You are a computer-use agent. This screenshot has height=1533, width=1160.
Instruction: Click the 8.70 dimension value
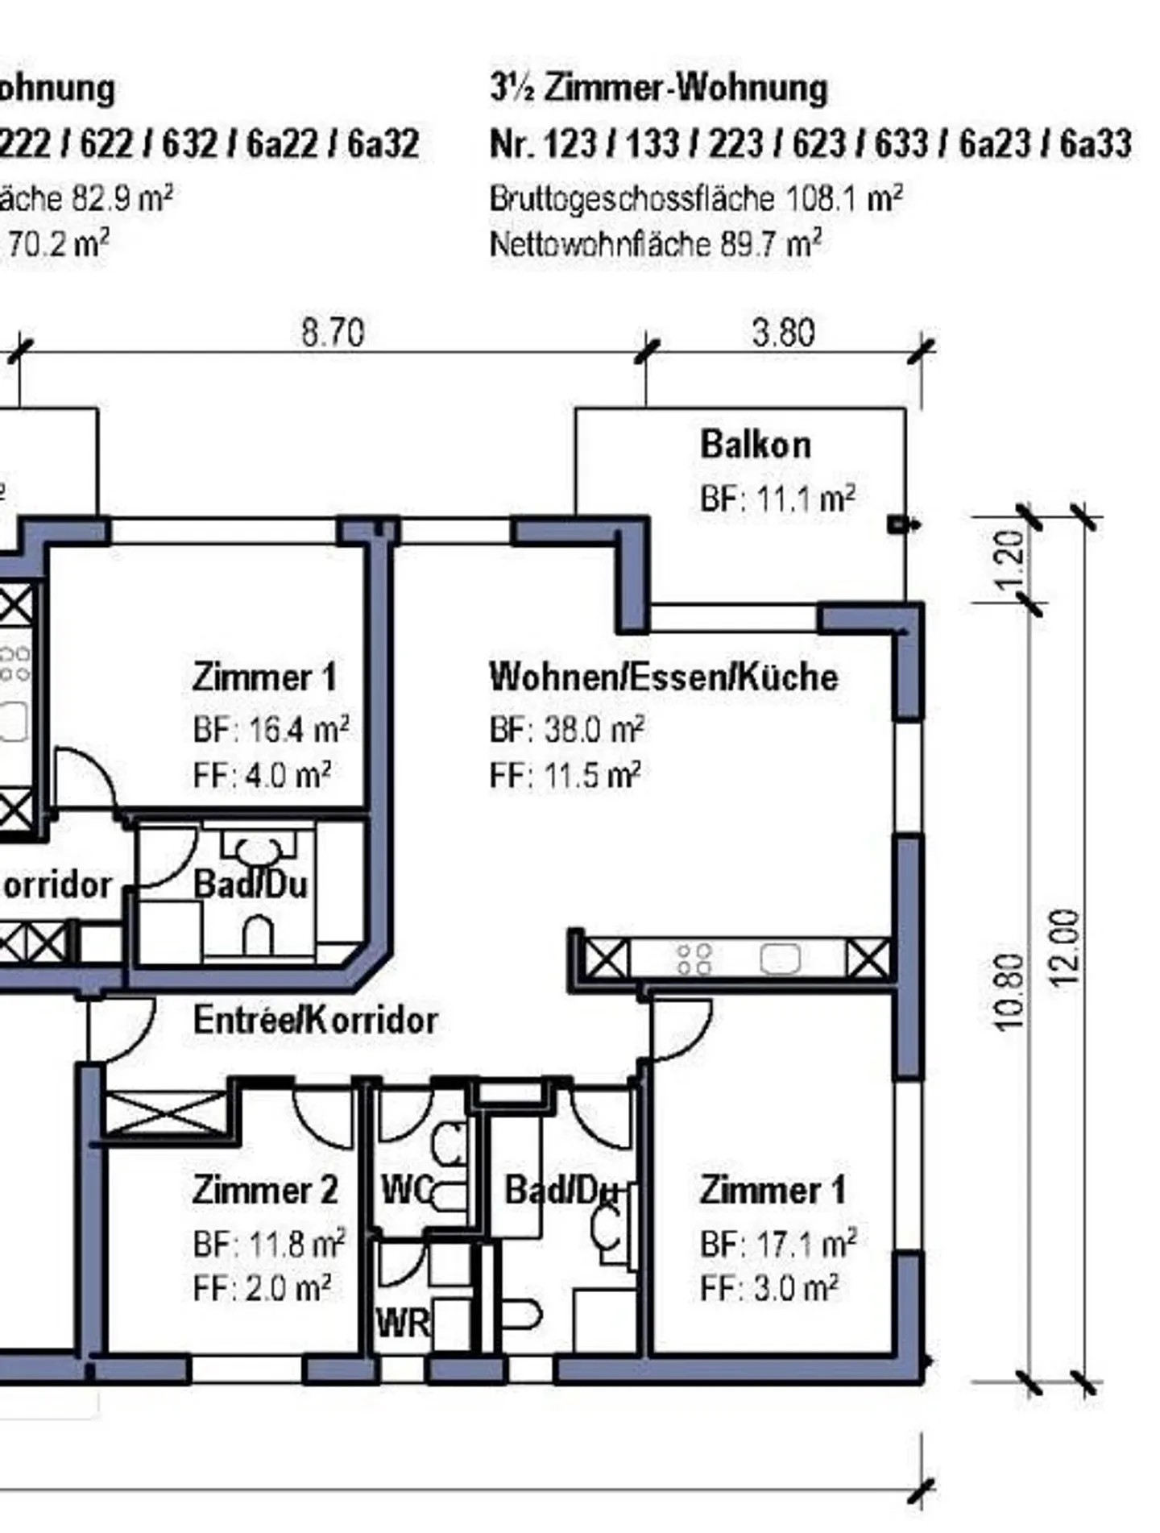[333, 333]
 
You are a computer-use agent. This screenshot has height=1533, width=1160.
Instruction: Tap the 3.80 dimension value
[783, 333]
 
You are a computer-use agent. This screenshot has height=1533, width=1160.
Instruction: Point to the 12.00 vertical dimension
[1065, 947]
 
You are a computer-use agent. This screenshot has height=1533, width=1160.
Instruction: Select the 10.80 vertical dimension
[1009, 992]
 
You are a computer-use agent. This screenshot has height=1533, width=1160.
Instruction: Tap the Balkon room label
[755, 445]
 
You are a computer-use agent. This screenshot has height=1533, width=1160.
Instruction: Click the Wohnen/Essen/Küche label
[664, 677]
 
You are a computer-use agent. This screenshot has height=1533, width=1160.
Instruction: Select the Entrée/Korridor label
[315, 1021]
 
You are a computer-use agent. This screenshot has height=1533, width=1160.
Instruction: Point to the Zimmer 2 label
[265, 1191]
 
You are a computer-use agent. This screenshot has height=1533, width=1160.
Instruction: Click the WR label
[403, 1323]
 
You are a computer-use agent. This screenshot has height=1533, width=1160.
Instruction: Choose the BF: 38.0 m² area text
[566, 730]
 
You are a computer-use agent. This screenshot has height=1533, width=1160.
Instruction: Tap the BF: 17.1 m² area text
[777, 1245]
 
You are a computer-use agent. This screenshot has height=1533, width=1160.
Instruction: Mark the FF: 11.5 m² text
[565, 776]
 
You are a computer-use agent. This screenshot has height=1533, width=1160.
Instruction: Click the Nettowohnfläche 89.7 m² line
[656, 243]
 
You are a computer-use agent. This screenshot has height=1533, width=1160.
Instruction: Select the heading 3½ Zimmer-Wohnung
[658, 88]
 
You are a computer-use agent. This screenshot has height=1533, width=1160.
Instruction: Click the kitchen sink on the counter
[780, 959]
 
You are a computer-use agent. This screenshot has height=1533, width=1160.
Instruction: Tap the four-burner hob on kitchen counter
[694, 959]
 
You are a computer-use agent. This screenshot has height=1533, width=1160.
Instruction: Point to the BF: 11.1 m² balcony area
[777, 499]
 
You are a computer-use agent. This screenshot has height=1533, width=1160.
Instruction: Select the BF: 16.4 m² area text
[271, 730]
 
